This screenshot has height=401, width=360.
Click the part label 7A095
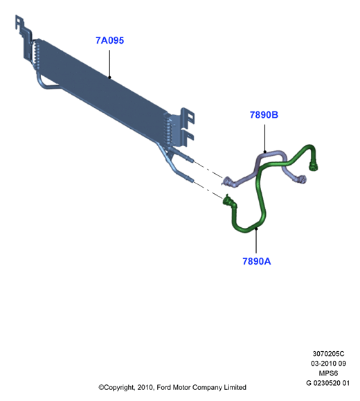click(109, 40)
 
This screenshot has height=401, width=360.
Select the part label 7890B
click(264, 115)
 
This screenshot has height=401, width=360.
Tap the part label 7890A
click(256, 261)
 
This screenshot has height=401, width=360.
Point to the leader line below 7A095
click(109, 64)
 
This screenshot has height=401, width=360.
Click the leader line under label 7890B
click(265, 139)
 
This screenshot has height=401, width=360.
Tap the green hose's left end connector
click(227, 199)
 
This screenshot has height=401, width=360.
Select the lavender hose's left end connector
click(227, 181)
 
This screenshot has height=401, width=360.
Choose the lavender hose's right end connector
click(302, 179)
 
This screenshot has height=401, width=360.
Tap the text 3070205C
click(329, 354)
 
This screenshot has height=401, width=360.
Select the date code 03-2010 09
click(329, 364)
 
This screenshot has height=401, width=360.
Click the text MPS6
click(329, 373)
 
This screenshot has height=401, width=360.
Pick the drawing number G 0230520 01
click(327, 383)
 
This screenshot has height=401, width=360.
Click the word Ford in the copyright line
click(163, 387)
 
